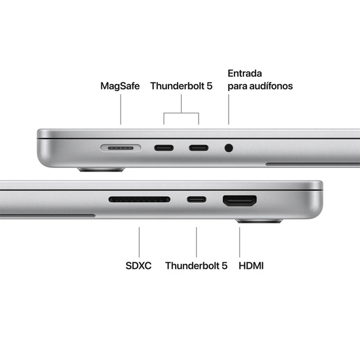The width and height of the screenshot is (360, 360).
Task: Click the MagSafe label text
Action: [120, 86]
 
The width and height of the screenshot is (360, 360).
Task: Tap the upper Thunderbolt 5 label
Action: [181, 86]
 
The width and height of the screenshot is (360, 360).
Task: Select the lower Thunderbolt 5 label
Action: [196, 265]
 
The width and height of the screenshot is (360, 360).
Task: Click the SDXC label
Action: [139, 265]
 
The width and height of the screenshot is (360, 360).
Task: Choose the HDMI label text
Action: [251, 265]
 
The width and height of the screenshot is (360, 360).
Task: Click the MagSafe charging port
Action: [121, 147]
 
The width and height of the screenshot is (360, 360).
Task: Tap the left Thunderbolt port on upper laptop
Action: [164, 147]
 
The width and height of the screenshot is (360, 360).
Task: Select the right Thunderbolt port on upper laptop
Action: [199, 147]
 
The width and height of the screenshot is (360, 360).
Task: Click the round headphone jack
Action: [229, 147]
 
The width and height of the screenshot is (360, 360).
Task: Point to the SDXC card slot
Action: [139, 199]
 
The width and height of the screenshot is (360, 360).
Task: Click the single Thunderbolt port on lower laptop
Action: [196, 199]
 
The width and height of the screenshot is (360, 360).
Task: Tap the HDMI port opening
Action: [240, 200]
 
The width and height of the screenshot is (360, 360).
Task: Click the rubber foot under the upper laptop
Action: [101, 170]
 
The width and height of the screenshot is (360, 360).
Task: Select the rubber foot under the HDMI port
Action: [259, 221]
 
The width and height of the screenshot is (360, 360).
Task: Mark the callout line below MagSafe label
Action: [121, 111]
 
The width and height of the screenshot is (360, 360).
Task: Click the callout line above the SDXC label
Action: [139, 242]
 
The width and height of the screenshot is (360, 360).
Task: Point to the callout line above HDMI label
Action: [239, 242]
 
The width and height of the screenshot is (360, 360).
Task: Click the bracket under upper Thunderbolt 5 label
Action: [181, 112]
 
